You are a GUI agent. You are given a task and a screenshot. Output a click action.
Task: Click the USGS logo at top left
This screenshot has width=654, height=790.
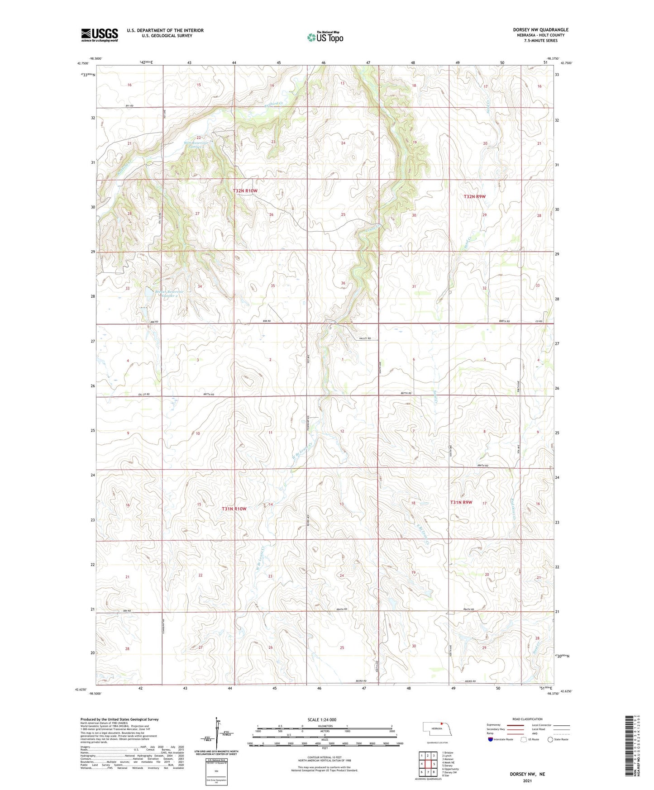100,35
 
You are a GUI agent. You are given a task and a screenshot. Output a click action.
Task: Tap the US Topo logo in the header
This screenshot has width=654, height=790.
325,37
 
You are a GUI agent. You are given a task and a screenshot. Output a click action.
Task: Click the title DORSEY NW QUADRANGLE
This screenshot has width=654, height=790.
540,30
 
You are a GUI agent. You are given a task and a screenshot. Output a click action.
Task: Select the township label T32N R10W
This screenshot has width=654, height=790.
245,191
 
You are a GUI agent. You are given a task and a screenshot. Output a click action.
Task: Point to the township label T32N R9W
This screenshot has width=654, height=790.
474,196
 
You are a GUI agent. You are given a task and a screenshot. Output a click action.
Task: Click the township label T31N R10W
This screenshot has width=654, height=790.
234,509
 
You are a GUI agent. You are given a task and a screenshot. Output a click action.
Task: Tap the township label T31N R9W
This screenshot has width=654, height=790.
461,502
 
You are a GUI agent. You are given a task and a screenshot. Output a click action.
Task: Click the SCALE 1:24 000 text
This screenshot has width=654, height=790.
322,720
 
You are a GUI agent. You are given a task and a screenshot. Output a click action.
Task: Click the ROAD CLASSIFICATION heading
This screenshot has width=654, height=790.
528,719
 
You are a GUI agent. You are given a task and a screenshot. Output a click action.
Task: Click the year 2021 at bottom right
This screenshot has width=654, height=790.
527,781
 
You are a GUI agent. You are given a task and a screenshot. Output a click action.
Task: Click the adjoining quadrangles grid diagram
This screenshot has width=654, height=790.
427,764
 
